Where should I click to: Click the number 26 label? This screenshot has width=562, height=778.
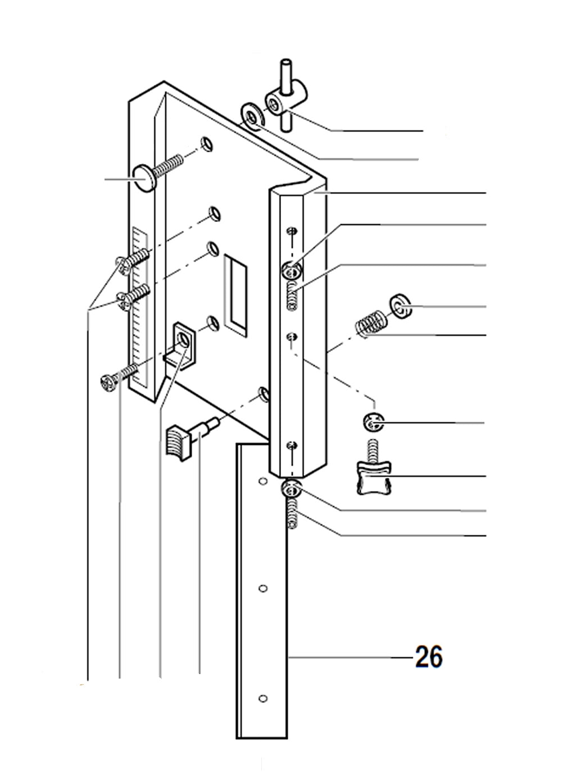coord(428,657)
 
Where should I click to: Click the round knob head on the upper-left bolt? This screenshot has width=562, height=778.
coord(144,178)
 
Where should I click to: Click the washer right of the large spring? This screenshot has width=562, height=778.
coord(400,306)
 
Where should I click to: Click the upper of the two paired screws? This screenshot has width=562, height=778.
coord(132,258)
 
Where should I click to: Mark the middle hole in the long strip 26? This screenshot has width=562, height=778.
coord(262,588)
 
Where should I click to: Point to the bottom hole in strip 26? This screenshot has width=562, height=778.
coord(262,698)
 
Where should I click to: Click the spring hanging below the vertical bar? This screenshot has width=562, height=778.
coord(292,512)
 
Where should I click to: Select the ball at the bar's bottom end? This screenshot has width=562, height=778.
coord(292,489)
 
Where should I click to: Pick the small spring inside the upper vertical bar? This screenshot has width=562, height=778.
coord(291,296)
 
